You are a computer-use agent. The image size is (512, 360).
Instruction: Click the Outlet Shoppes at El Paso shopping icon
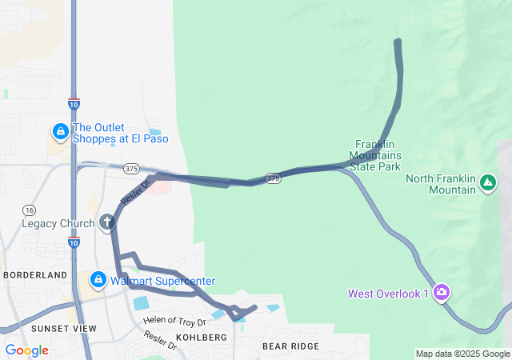pos(60,130)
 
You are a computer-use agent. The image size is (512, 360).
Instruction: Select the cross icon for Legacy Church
pos(107,222)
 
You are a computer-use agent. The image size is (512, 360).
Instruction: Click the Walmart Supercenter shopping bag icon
pos(98,281)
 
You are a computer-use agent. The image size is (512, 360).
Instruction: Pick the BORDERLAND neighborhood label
pos(35,275)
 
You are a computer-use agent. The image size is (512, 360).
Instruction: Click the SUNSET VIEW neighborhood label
pos(63,329)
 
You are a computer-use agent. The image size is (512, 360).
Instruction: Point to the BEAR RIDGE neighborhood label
pos(290,346)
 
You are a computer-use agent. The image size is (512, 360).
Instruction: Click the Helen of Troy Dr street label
pos(175,322)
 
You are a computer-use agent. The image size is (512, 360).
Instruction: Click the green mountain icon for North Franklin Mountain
pos(487,184)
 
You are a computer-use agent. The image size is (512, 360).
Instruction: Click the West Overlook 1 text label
pos(389,294)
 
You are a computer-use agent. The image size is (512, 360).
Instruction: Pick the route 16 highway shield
pos(29,209)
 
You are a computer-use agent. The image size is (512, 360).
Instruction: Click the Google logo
pos(26,350)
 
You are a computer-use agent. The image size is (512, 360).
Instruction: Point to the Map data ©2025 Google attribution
pos(462,354)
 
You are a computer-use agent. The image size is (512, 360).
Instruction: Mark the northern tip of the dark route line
pos(398,41)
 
